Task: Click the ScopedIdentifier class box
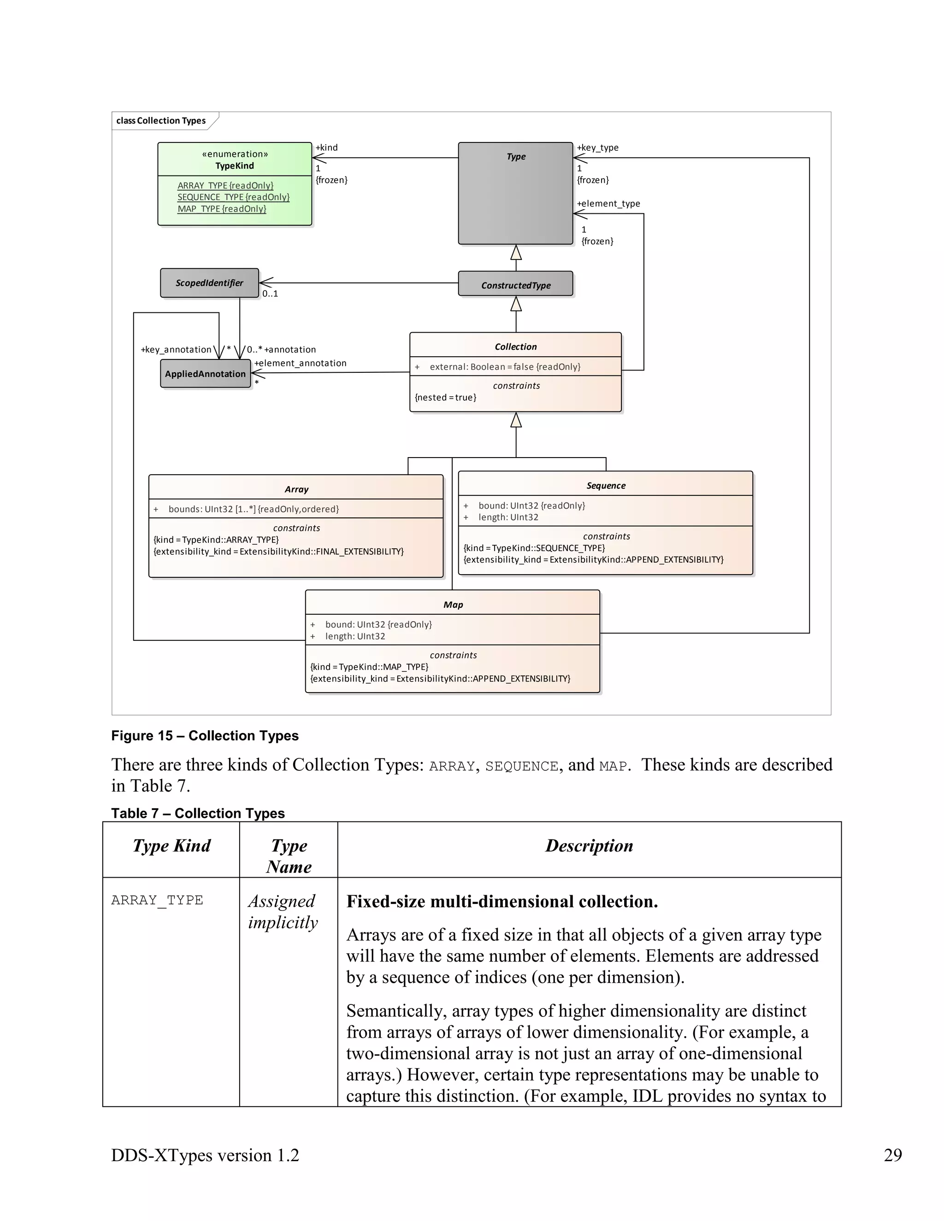(x=209, y=283)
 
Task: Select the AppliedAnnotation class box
(x=205, y=374)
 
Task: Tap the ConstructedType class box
(x=516, y=285)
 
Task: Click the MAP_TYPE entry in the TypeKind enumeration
(x=221, y=209)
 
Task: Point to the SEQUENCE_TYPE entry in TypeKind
(x=233, y=197)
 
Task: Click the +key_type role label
(x=597, y=147)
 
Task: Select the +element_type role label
(x=608, y=204)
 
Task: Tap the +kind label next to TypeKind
(x=327, y=147)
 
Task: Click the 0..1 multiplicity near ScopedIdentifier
(x=270, y=294)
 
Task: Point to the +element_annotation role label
(x=301, y=363)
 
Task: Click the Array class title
(x=296, y=489)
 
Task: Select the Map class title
(x=453, y=605)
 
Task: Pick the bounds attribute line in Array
(x=254, y=509)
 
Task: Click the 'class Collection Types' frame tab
(x=161, y=121)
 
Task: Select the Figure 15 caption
(x=205, y=736)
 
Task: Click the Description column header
(x=589, y=845)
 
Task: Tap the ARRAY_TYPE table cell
(x=157, y=900)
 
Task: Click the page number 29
(x=892, y=1155)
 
